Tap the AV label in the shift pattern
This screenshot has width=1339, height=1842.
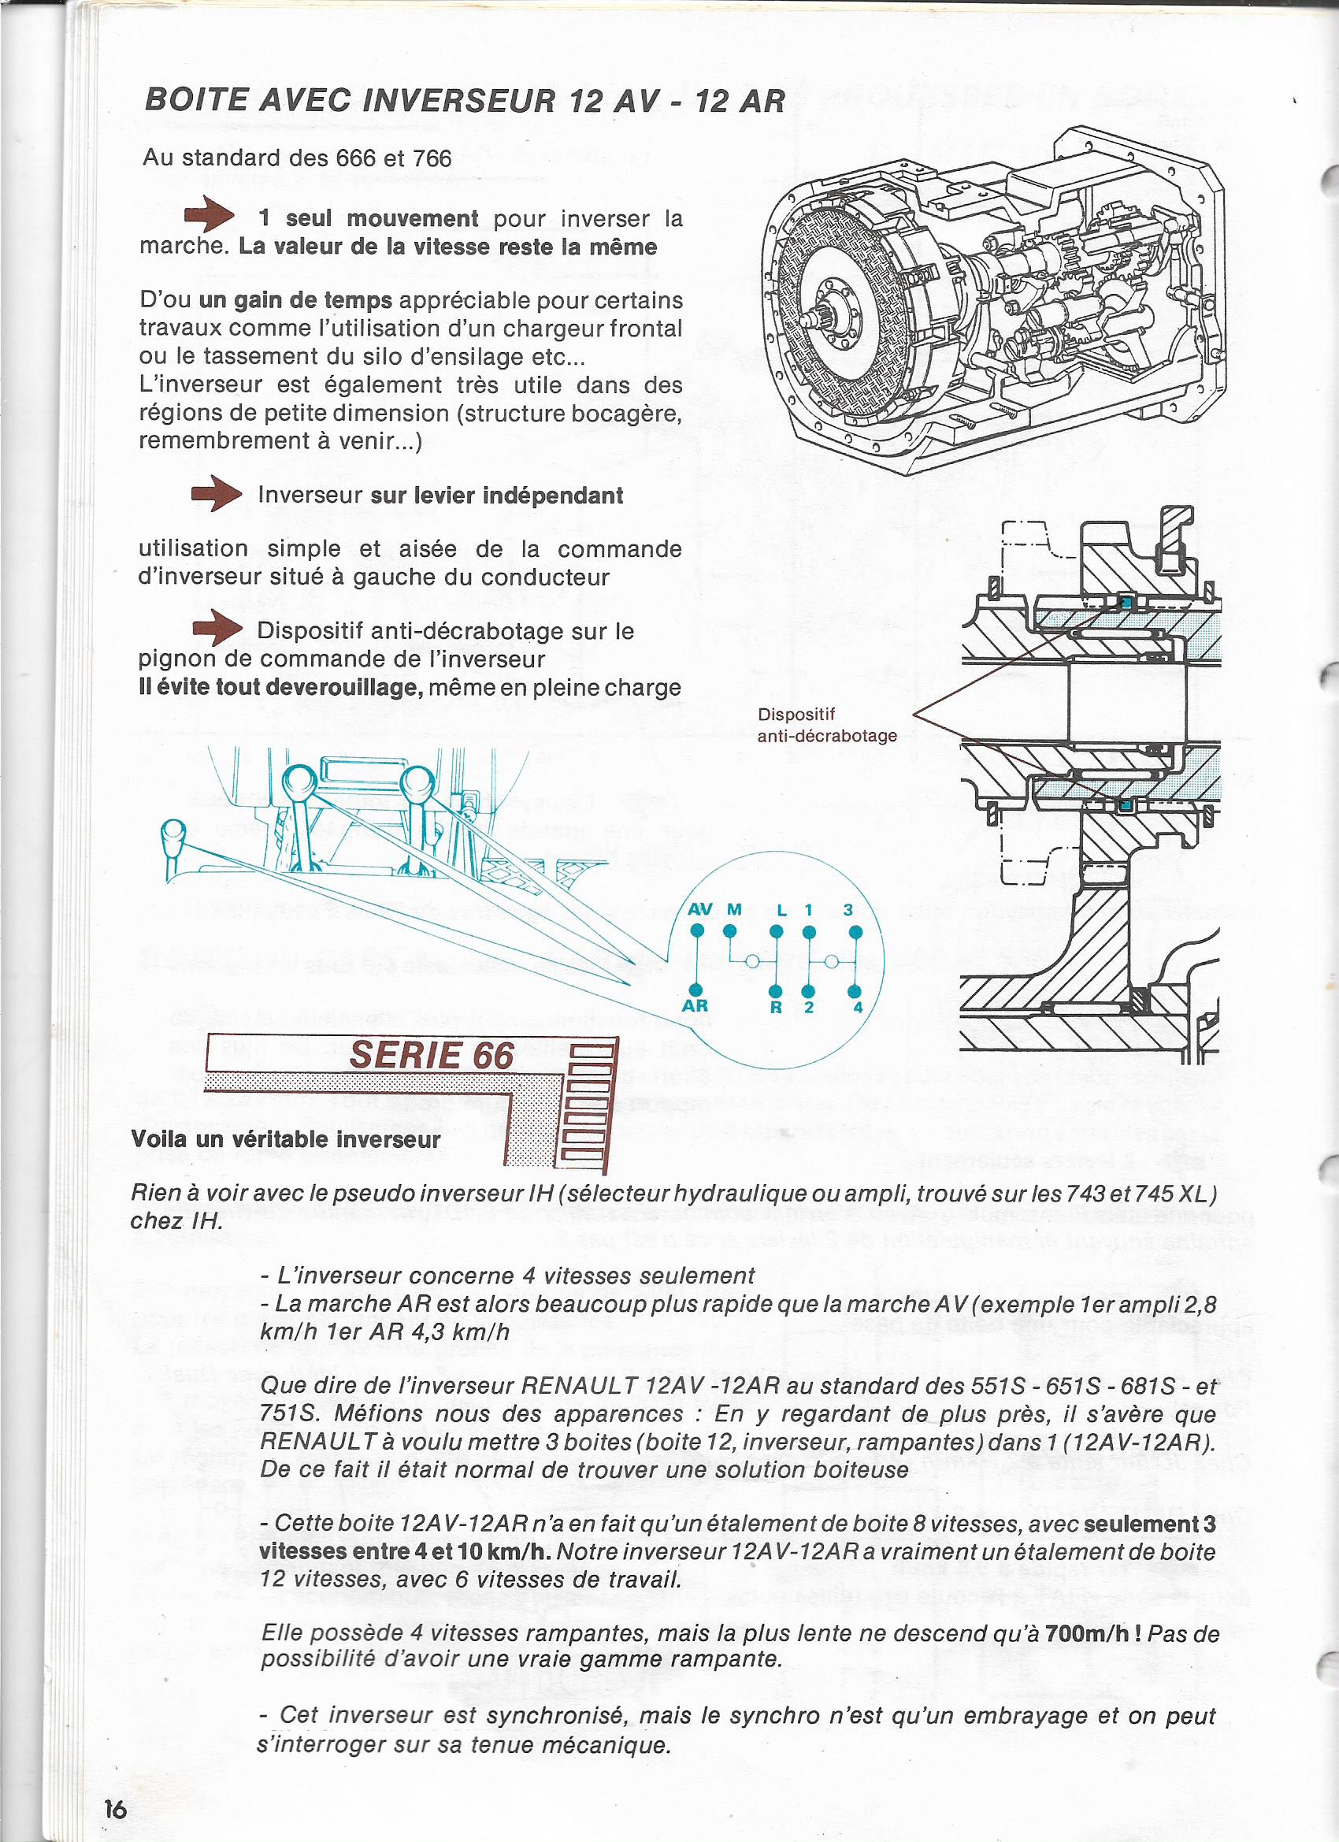pyautogui.click(x=700, y=910)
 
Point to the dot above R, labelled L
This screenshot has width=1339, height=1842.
pyautogui.click(x=777, y=931)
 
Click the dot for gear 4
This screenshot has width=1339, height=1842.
pyautogui.click(x=855, y=992)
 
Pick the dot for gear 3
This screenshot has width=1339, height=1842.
pyautogui.click(x=855, y=931)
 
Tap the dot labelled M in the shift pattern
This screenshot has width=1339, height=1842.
pyautogui.click(x=731, y=931)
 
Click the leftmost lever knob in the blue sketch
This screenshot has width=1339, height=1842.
pyautogui.click(x=174, y=834)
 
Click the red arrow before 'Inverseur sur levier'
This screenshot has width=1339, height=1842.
pyautogui.click(x=216, y=493)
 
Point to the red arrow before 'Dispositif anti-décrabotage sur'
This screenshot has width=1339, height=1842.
pyautogui.click(x=217, y=629)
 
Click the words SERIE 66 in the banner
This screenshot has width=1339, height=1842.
pyautogui.click(x=432, y=1056)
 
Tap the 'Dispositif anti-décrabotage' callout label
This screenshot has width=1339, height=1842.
pyautogui.click(x=826, y=726)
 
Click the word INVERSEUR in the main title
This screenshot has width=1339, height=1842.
pyautogui.click(x=460, y=101)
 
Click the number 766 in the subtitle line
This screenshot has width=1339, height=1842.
pyautogui.click(x=432, y=158)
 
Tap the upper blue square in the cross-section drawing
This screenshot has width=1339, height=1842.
pyautogui.click(x=1126, y=602)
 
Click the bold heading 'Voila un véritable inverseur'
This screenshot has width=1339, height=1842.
pyautogui.click(x=286, y=1138)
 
